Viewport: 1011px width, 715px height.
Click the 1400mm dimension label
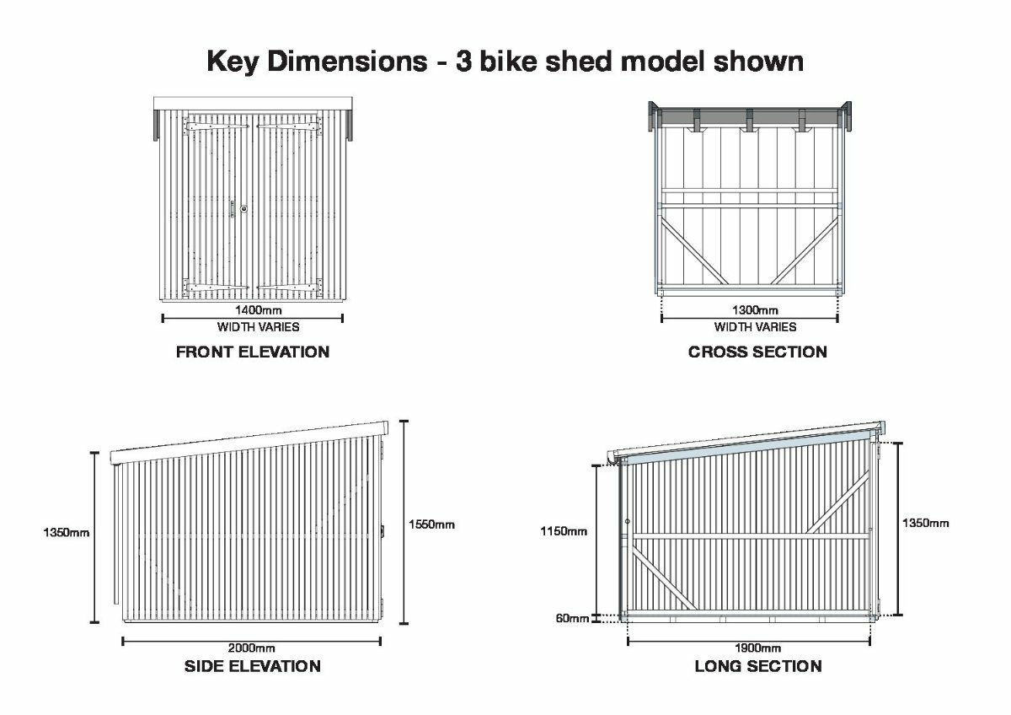point(258,310)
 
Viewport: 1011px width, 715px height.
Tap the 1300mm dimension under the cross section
point(755,310)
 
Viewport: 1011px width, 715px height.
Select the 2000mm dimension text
point(251,648)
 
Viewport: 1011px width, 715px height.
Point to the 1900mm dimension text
point(757,648)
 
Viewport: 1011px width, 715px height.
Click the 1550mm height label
point(431,524)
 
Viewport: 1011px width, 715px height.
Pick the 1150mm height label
point(564,531)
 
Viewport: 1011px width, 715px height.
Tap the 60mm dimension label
point(572,618)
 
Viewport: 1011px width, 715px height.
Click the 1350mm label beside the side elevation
point(67,533)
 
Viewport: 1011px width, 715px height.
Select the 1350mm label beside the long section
point(926,523)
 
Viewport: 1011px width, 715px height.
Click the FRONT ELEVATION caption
point(253,352)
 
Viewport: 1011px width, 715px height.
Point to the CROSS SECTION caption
point(757,352)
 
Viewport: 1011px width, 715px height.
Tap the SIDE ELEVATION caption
point(253,666)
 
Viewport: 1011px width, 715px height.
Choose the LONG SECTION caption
point(758,666)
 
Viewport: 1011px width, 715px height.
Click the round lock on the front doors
point(243,208)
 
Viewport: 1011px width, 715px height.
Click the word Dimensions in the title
point(347,62)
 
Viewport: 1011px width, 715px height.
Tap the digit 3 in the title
point(464,62)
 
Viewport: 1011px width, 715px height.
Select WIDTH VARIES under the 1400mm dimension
point(258,327)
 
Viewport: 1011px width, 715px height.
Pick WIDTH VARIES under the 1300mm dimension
point(755,327)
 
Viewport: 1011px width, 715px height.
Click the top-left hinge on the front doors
point(216,126)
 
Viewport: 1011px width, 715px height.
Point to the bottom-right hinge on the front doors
point(290,288)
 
